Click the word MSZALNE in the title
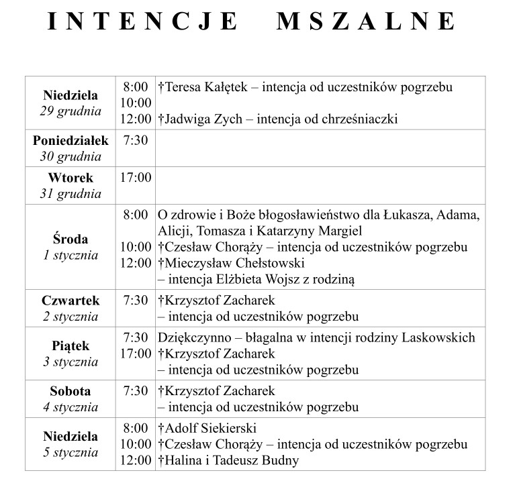pos(366,22)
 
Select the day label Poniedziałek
pos(71,141)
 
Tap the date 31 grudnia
pos(71,194)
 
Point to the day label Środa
pos(71,239)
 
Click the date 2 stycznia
pos(71,316)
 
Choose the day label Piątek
pos(71,346)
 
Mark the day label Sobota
pos(71,391)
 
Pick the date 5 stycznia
pos(71,452)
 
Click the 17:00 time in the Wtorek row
pos(136,178)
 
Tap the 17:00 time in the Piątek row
pos(136,353)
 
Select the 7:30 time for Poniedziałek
pos(136,140)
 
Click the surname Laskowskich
pos(440,337)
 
